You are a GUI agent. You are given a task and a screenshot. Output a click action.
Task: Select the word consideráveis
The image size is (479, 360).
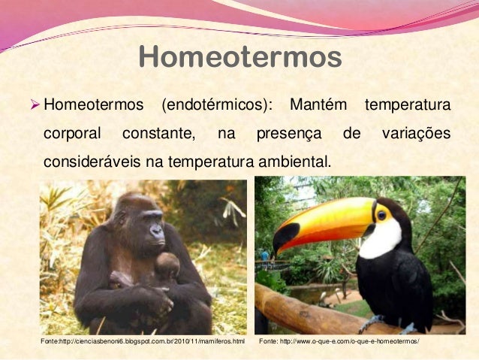(x=89, y=162)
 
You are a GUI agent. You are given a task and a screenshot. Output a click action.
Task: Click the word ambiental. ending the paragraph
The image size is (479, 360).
(x=293, y=162)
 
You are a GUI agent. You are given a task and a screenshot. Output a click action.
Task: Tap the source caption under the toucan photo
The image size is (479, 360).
(x=339, y=343)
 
